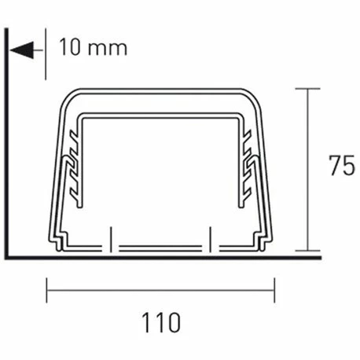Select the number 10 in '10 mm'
pyautogui.click(x=69, y=46)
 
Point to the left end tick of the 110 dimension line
pyautogui.click(x=48, y=290)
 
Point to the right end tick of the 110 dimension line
pyautogui.click(x=274, y=290)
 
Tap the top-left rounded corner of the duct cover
pyautogui.click(x=69, y=97)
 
